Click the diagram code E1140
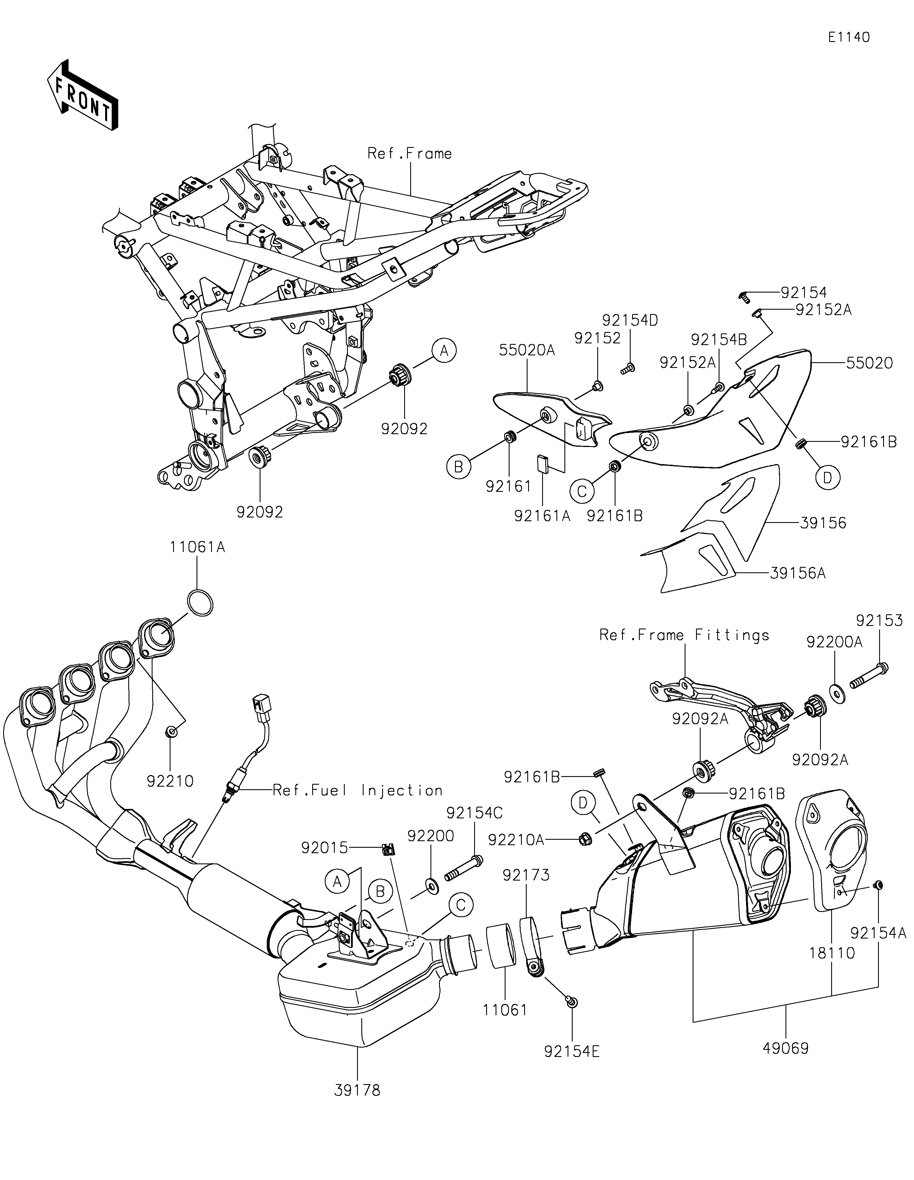[849, 37]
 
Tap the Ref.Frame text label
[409, 154]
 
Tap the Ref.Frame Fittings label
[684, 635]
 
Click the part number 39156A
[798, 573]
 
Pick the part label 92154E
[572, 1052]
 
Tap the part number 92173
[526, 875]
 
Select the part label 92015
[324, 848]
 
